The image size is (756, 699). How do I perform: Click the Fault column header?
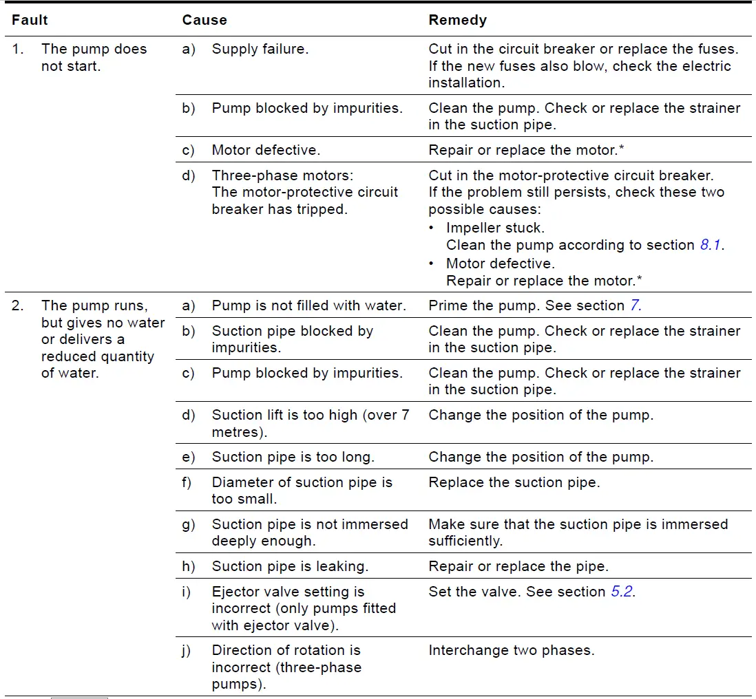coord(30,21)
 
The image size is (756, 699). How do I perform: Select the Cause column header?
coord(204,21)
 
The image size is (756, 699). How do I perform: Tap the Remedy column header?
coord(457,21)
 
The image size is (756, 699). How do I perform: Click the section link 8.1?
coord(711,246)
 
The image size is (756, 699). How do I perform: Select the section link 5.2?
coord(622,592)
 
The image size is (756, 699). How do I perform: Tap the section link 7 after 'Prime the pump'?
coord(636,305)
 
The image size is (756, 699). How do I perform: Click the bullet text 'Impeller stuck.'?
coord(495,228)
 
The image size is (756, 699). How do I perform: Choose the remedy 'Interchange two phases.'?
coord(511,651)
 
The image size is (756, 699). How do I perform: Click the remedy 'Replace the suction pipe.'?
coord(514,483)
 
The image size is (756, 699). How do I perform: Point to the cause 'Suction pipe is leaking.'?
coord(290,567)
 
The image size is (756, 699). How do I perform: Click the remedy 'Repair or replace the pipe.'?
coord(518,567)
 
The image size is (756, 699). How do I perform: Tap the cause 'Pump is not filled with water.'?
coord(308,305)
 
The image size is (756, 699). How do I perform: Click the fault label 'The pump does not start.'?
coord(94,58)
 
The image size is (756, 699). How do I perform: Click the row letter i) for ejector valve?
coord(186,592)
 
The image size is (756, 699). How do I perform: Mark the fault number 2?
coord(17,305)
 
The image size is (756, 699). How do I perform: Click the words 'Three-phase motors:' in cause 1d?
coord(282,175)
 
